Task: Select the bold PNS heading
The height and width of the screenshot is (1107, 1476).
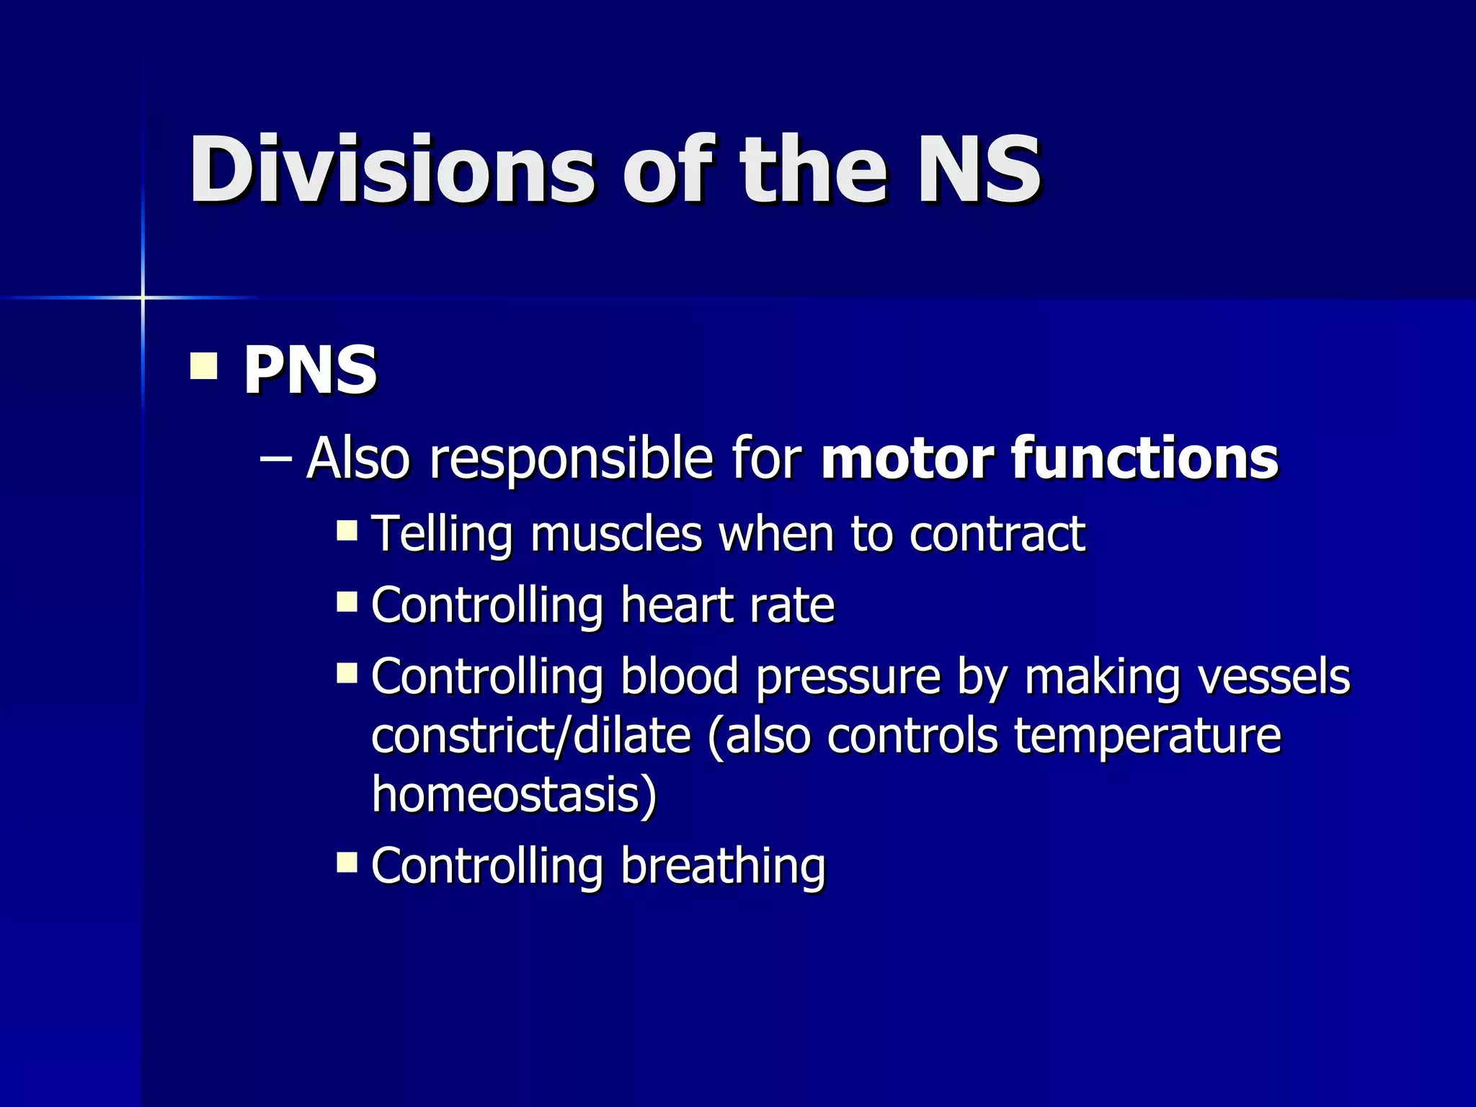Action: pyautogui.click(x=310, y=370)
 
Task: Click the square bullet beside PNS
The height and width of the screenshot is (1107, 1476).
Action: pyautogui.click(x=204, y=365)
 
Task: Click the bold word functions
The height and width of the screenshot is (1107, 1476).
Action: pyautogui.click(x=1145, y=458)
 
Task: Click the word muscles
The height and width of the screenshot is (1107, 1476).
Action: pyautogui.click(x=616, y=535)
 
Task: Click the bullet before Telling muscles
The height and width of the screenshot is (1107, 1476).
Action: pyautogui.click(x=347, y=530)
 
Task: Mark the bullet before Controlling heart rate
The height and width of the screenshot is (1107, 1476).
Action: pyautogui.click(x=347, y=601)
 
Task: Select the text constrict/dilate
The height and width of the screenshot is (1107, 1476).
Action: pyautogui.click(x=531, y=737)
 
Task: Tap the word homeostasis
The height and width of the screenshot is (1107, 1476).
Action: pyautogui.click(x=514, y=794)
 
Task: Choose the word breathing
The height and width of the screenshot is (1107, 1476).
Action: pyautogui.click(x=723, y=866)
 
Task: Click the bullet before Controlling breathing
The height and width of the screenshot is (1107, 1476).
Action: pyautogui.click(x=347, y=861)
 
